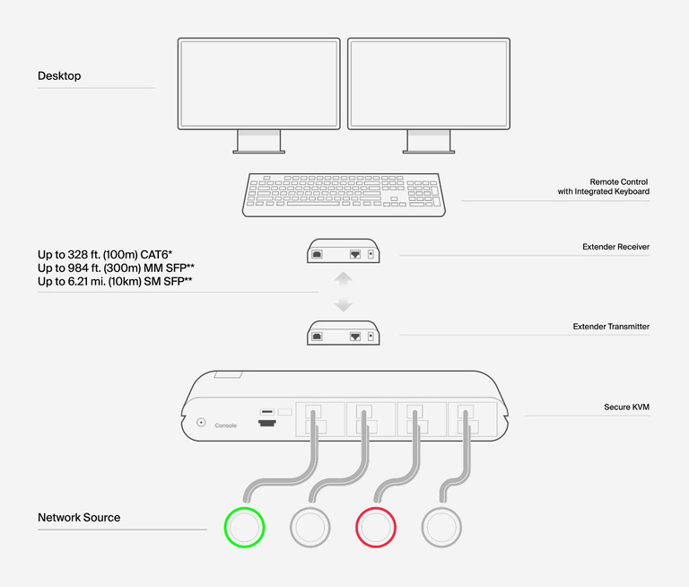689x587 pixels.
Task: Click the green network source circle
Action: coord(244,527)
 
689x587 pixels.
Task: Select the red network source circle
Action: coord(377,527)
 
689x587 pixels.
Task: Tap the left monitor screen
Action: coord(258,83)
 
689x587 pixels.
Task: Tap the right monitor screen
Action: coord(429,83)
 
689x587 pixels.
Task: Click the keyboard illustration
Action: coord(344,194)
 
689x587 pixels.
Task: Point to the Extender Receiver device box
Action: coord(344,252)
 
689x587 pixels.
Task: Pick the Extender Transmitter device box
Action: coord(344,333)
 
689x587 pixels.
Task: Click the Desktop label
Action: coord(59,76)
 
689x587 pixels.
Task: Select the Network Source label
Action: coord(79,518)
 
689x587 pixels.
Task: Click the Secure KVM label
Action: coord(626,407)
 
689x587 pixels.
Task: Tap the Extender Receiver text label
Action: coord(615,247)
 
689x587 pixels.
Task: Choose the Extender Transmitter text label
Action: coord(611,327)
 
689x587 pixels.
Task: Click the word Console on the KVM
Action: coord(226,425)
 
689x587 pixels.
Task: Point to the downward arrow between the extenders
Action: coord(344,305)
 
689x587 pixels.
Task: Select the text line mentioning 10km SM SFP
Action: coord(116,282)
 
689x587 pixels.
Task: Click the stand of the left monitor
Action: coord(258,141)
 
